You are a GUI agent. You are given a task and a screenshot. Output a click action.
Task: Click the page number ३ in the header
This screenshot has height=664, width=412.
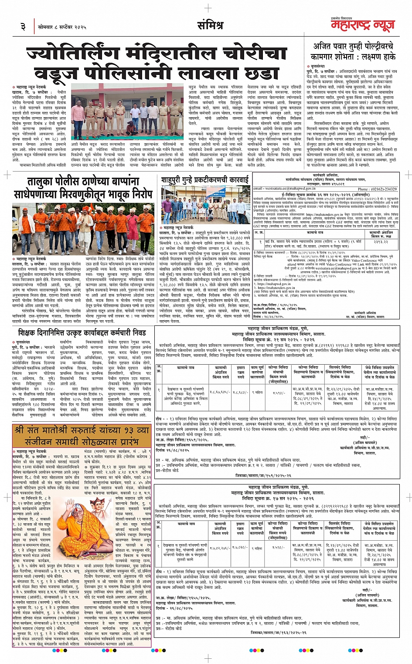point(23,27)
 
